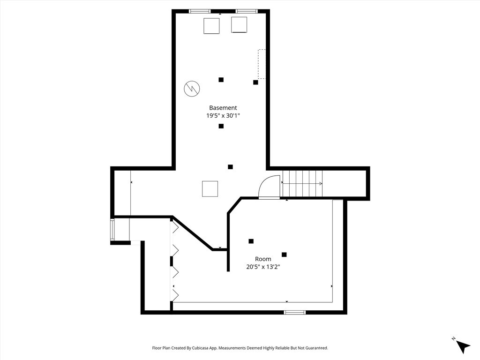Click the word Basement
pos(223,108)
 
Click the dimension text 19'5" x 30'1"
pos(223,116)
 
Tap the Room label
pos(263,259)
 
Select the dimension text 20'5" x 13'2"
pos(263,267)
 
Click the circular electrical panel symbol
pos(192,89)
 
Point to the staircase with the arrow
pos(302,184)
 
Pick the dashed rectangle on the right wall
pos(262,64)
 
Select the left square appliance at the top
pos(211,26)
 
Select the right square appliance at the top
pos(239,24)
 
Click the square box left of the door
pos(210,188)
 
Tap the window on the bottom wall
pos(294,312)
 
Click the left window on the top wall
pos(200,11)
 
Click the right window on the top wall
pos(247,11)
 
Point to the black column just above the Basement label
pos(221,80)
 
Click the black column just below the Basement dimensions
pos(221,126)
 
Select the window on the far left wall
pos(112,230)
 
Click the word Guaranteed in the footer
pos(318,348)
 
